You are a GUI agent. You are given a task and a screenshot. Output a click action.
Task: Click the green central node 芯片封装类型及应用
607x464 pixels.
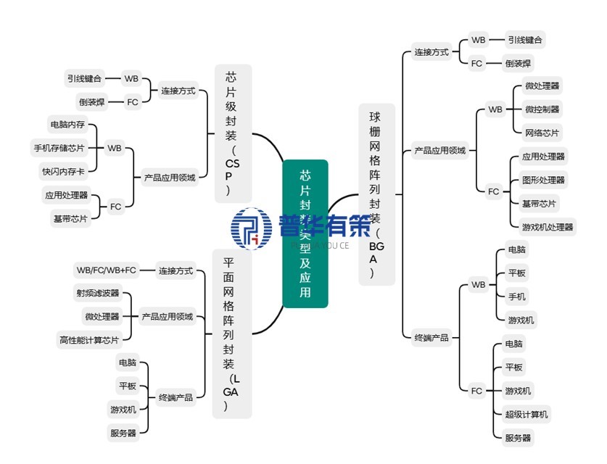coord(305,233)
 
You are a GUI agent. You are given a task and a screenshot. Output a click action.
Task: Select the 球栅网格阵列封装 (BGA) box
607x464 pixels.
coord(377,194)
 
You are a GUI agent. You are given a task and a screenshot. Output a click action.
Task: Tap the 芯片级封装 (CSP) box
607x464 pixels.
coord(233,133)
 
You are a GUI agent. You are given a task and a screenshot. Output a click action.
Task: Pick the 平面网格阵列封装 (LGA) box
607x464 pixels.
coord(231,333)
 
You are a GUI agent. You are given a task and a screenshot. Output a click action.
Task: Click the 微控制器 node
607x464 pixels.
coord(542,109)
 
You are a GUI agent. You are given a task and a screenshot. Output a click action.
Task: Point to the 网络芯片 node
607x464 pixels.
coord(542,133)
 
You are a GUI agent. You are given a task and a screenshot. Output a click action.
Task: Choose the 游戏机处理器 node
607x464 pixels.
coord(548,227)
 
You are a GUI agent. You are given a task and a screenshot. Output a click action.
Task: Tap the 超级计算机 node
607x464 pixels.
coord(527,415)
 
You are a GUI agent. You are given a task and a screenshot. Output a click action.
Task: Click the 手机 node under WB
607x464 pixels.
coord(517,297)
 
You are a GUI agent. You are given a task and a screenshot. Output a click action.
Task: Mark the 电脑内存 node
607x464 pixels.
coord(67,124)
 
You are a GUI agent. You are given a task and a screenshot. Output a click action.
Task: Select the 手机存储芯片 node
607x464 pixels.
coord(59,148)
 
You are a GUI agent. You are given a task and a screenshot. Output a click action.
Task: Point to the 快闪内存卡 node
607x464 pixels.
coord(64,172)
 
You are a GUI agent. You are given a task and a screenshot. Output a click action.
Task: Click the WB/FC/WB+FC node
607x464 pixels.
coord(106,270)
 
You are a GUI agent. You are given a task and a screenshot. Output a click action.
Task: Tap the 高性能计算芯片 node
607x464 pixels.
coord(88,339)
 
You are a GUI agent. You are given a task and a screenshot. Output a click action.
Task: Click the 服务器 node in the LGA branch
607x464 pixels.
coord(123,434)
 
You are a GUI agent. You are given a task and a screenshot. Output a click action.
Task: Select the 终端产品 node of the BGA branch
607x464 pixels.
coord(431,338)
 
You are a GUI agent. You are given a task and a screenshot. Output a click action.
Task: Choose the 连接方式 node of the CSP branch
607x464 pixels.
coord(178,91)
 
